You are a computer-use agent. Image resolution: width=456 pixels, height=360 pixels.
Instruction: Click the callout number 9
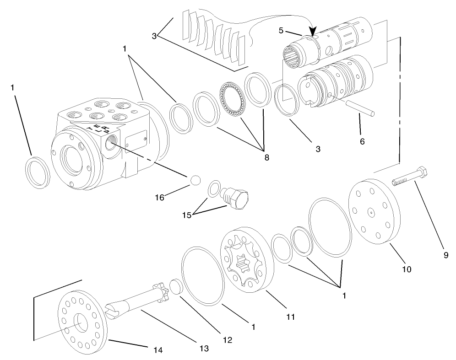tap(445, 256)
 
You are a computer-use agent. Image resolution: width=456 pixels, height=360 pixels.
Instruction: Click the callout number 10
tap(406, 269)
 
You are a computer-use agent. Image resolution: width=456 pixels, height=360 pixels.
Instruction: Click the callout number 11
tap(291, 316)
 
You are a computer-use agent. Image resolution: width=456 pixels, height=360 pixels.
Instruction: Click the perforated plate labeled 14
tap(82, 320)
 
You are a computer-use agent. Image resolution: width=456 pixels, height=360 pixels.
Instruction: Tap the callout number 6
tap(362, 141)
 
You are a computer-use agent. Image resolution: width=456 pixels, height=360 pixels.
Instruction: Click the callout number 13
tap(204, 348)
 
